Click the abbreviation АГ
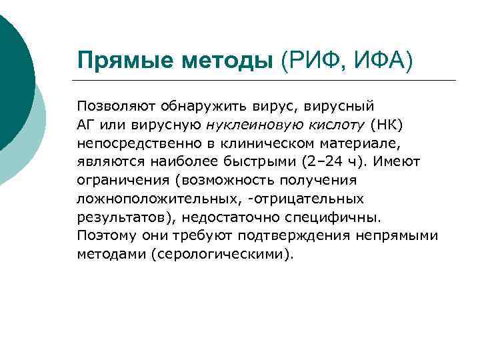pos(86,125)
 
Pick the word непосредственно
pos(131,143)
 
